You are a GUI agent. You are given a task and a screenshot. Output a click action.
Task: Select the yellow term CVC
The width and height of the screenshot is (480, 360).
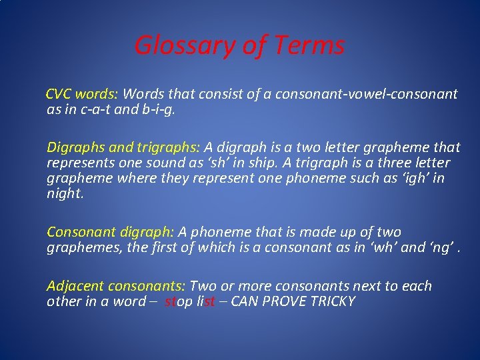tap(59, 94)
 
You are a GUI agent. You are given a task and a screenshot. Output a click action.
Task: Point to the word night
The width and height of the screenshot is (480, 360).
tap(65, 195)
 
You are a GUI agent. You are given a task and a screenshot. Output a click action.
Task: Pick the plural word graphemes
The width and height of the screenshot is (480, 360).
tap(79, 248)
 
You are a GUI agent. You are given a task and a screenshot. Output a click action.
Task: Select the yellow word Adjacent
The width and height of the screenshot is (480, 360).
tap(75, 286)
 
